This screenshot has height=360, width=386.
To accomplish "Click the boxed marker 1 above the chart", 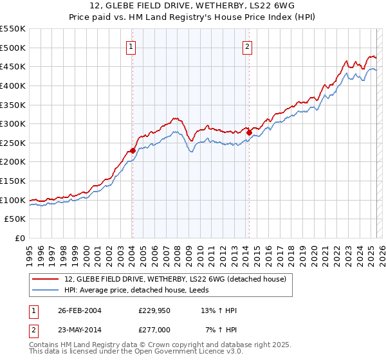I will (131, 46).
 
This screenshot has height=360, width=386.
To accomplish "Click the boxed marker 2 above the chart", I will (248, 46).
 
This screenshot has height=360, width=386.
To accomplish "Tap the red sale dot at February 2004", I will (133, 150).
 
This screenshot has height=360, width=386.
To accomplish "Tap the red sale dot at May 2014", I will (249, 132).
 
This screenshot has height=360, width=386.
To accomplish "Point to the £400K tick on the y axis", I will (14, 85).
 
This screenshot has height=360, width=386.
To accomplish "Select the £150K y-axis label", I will (14, 181).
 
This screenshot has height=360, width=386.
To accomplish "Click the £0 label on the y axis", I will (19, 238).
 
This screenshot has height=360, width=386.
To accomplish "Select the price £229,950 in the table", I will (156, 310).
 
